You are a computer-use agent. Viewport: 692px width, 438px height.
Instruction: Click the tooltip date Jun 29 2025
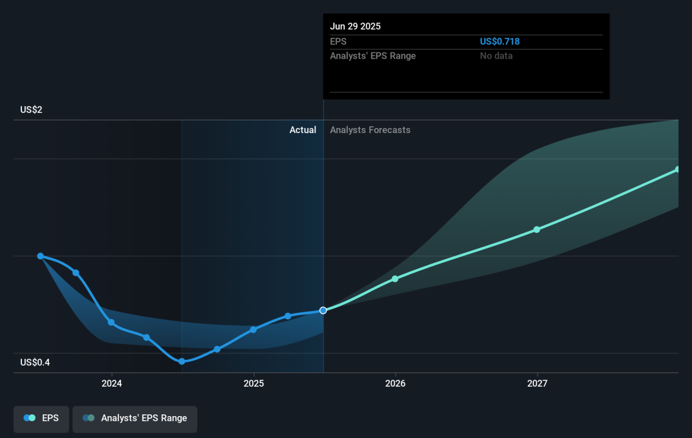(355, 27)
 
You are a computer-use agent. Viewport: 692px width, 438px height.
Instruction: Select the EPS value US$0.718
(499, 41)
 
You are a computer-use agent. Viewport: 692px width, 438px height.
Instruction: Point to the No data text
(496, 56)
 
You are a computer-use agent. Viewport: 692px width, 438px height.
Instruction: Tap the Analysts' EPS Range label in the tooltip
(373, 56)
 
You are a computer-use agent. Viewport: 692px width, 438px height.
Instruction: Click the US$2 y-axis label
(31, 109)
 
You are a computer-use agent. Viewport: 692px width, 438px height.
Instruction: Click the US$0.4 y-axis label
(35, 362)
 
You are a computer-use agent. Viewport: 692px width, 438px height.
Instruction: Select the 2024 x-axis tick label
(112, 383)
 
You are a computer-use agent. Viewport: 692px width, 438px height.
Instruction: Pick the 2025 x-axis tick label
(254, 383)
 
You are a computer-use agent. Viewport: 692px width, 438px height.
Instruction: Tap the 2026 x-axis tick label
(395, 383)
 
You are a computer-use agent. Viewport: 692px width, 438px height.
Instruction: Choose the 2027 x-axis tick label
(537, 383)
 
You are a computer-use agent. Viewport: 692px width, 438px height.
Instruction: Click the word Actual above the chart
(303, 130)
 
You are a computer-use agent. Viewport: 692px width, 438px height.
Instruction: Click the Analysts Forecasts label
(370, 130)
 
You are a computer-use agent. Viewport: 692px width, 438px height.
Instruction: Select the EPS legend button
(41, 419)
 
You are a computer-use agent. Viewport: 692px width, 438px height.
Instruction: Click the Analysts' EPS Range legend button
(135, 419)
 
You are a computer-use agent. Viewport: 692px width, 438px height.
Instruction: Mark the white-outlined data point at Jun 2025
(323, 310)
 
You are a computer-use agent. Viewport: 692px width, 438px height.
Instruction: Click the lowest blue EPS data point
(182, 361)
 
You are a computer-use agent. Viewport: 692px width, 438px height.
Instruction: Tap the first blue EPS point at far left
(40, 256)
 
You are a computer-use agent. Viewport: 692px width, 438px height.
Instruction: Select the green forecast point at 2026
(395, 279)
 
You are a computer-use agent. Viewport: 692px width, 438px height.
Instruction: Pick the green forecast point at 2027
(537, 229)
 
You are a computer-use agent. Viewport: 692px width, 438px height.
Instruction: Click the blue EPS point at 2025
(253, 330)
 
